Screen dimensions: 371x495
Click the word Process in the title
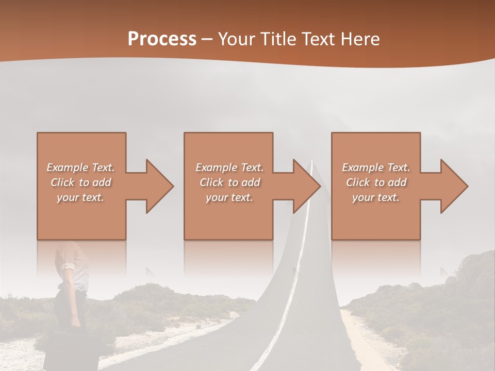coord(162,39)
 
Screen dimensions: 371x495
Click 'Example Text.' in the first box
coord(81,167)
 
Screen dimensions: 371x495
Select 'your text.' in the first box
coord(81,197)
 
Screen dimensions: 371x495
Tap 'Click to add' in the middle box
coord(230,182)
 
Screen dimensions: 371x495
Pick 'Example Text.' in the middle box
coord(229,167)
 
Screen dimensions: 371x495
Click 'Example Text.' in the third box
coord(376,167)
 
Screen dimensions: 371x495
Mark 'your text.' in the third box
coord(376,197)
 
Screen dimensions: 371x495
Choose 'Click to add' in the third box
coord(376,182)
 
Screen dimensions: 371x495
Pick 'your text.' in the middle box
coord(229,197)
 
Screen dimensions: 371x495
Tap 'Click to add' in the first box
coord(81,182)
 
